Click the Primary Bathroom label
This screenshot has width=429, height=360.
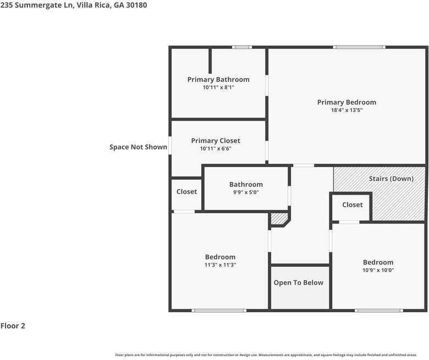[x=218, y=80]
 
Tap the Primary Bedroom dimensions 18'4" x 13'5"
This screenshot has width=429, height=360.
[x=346, y=110]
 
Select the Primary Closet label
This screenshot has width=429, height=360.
[x=216, y=141]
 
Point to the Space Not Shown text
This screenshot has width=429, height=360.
[x=138, y=147]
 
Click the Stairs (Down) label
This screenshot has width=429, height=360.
[x=391, y=179]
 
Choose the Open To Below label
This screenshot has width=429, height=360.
[x=299, y=283]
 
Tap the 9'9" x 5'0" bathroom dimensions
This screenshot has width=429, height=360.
[x=246, y=193]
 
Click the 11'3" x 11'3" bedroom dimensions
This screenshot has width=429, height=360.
[x=220, y=265]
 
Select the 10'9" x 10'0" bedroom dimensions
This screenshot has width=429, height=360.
[x=378, y=270]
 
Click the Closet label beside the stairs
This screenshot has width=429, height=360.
[x=352, y=205]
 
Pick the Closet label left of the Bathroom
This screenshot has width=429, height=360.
[x=186, y=192]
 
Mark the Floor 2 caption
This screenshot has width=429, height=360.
[x=13, y=326]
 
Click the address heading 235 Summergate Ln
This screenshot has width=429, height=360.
[x=73, y=5]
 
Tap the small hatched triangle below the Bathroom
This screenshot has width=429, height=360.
[x=279, y=219]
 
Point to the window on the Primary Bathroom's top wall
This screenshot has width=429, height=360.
[x=242, y=47]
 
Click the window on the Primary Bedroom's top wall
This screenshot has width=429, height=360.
[x=360, y=47]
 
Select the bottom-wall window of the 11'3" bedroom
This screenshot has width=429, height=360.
[x=219, y=311]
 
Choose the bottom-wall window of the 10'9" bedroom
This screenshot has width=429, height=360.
[x=379, y=311]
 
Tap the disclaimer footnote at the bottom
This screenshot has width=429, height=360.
[x=266, y=355]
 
